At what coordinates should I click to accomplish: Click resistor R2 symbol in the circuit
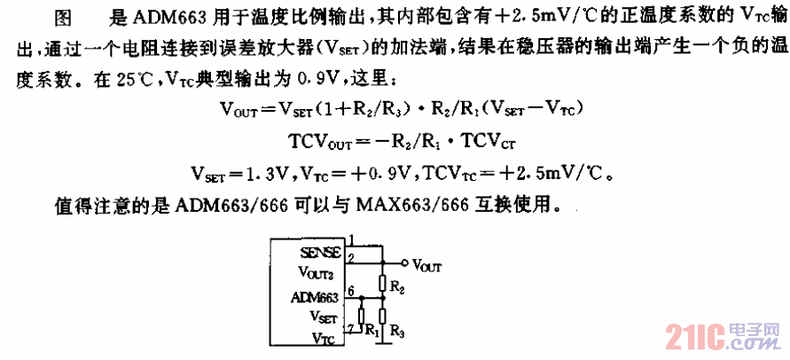(382, 283)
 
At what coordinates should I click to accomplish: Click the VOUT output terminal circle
(405, 262)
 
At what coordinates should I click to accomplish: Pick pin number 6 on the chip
(352, 291)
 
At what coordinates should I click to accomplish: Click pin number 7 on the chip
(352, 329)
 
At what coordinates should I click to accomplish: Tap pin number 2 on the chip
(352, 257)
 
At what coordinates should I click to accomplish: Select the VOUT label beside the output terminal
(427, 265)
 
